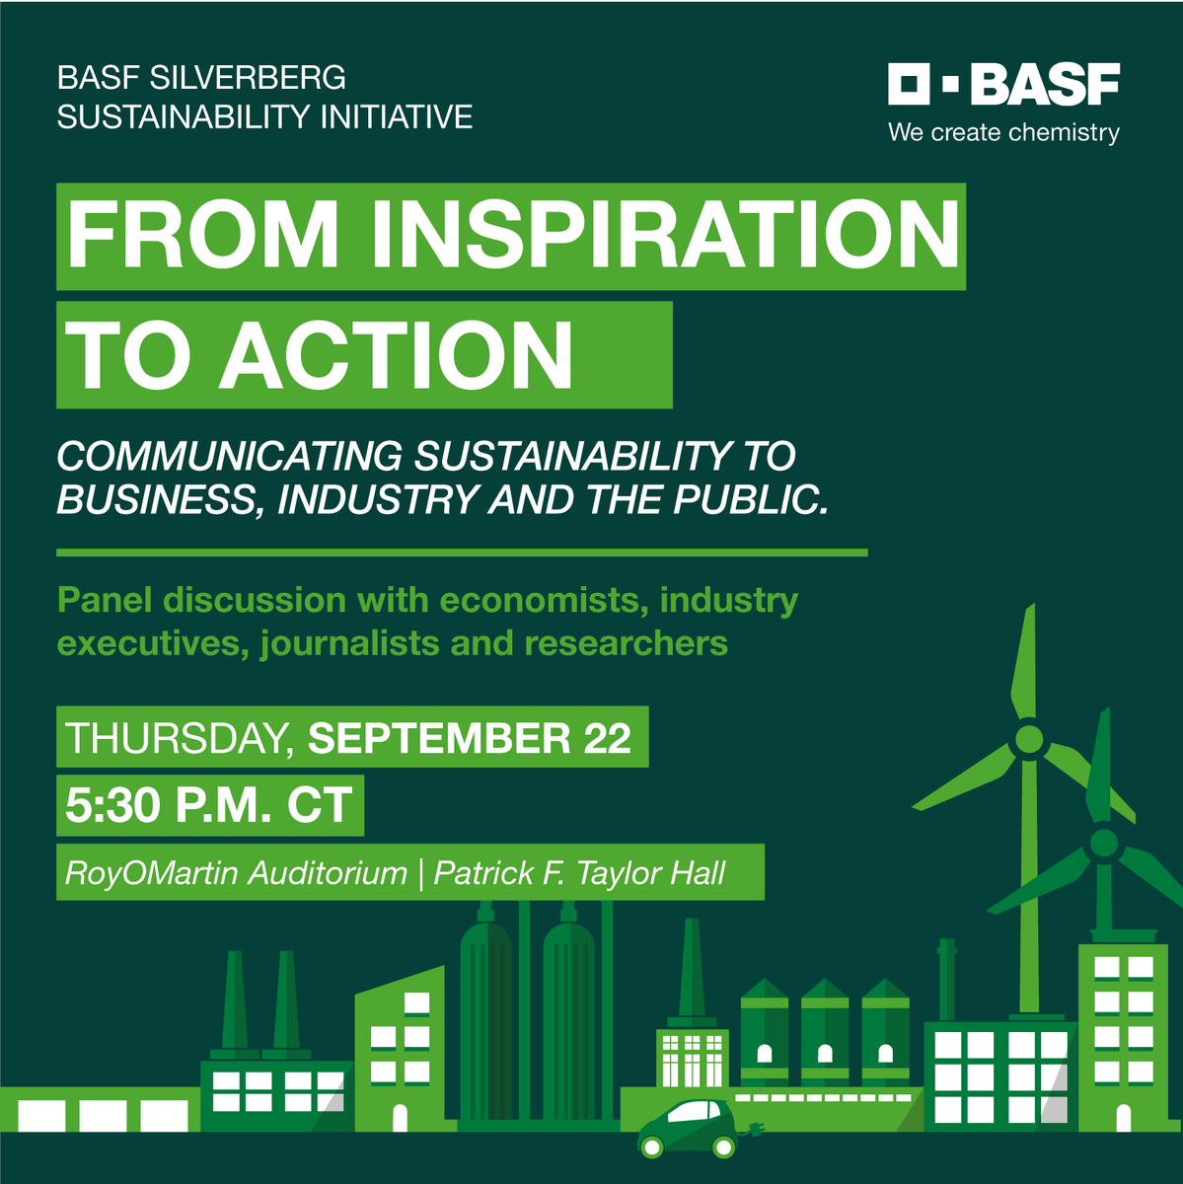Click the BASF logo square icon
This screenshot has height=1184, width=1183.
[909, 85]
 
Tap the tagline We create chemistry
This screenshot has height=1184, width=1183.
[1003, 132]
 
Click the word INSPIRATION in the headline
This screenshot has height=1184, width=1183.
[665, 236]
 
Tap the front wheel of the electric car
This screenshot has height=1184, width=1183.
[724, 1147]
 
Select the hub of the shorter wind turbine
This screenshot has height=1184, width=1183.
[1103, 844]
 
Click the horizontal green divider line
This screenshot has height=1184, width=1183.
[462, 553]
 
